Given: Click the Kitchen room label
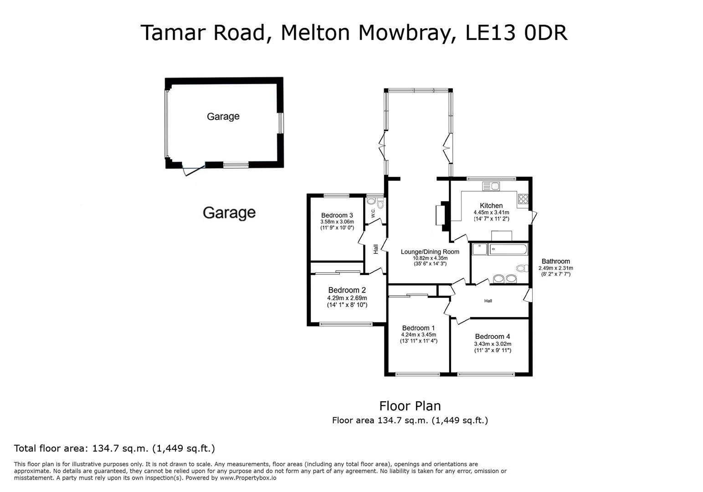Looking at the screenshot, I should tap(491, 205).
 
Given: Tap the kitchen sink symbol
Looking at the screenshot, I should tap(492, 186).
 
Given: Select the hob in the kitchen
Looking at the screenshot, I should tap(523, 199).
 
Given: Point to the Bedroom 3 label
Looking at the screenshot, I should tap(337, 215).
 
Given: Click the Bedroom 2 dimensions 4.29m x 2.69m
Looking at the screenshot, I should tap(347, 298).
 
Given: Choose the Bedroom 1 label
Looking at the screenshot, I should tap(418, 328).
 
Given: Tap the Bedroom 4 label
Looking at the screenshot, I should tap(493, 337).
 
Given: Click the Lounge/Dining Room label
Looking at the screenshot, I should tap(430, 252).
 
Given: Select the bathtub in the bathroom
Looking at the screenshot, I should tap(508, 250).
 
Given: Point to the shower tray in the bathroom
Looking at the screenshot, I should tap(480, 249).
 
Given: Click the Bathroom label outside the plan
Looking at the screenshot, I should tap(555, 261).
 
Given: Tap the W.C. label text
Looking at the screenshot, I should tap(373, 213).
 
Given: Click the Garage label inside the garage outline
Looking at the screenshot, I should tap(223, 117).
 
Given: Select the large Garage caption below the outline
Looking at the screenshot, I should tap(229, 213).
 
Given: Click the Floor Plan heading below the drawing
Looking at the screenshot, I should tap(410, 406).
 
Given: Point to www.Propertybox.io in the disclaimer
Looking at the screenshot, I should tap(248, 478).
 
